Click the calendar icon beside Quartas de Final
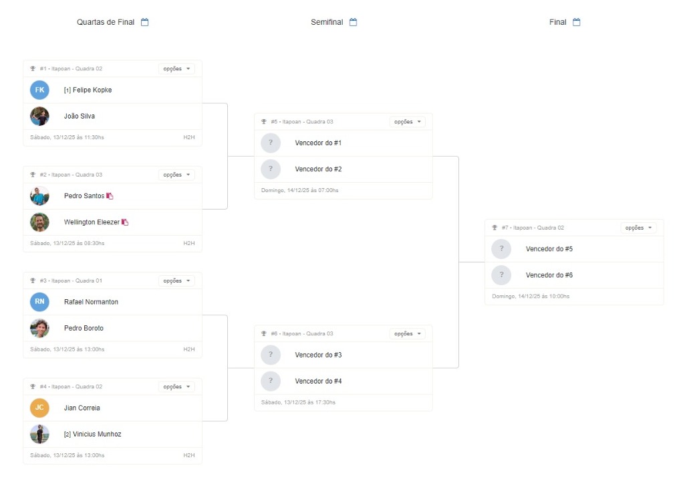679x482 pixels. [144, 22]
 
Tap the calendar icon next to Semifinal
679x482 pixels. [353, 22]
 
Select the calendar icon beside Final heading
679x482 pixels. [576, 22]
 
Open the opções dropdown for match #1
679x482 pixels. [176, 69]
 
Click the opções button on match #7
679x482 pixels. [638, 228]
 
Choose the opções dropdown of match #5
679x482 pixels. [408, 122]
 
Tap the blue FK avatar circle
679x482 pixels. [39, 90]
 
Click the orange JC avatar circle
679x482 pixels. [39, 408]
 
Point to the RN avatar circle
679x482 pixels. [39, 302]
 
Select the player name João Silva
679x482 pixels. [80, 116]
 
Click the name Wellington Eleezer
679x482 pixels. [92, 222]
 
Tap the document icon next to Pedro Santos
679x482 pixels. [110, 196]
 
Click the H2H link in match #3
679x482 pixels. [189, 349]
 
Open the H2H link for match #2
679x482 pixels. [189, 243]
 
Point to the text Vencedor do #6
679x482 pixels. [549, 275]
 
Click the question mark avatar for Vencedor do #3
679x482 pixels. [271, 355]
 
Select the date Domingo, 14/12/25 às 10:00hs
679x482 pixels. [531, 296]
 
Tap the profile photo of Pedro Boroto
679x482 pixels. [39, 328]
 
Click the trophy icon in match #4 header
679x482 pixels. [33, 386]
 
